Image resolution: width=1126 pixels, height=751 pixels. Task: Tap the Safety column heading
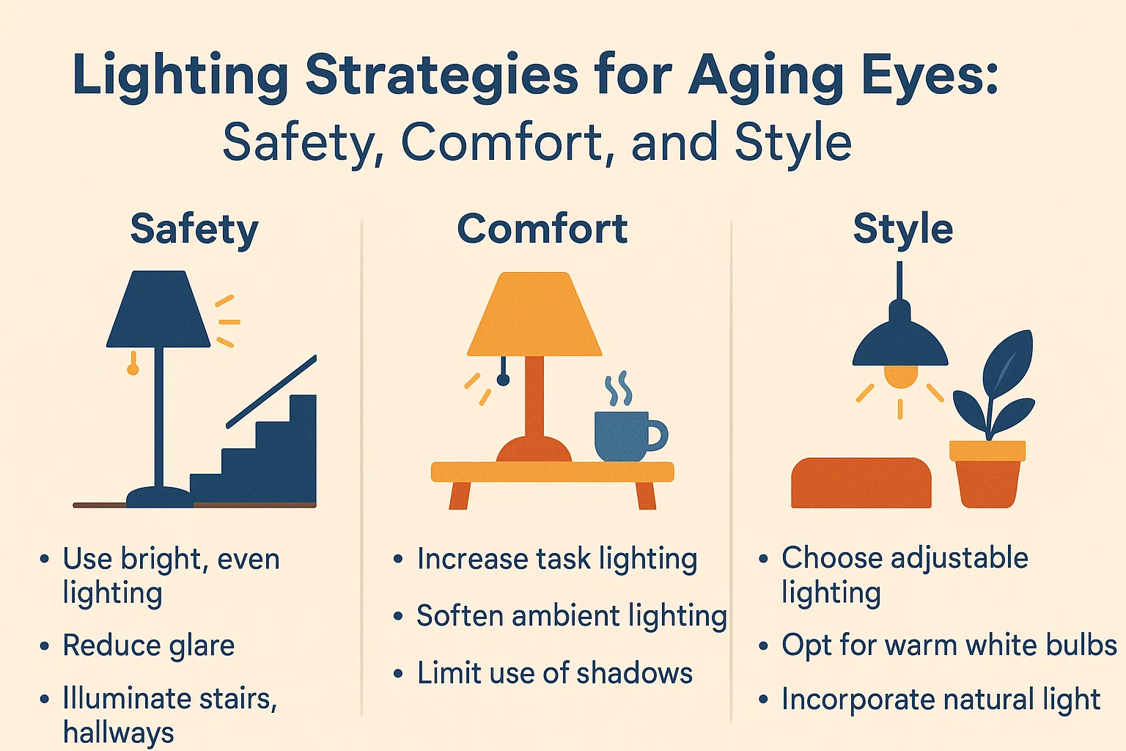point(194,230)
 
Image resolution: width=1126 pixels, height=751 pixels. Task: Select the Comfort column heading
point(542,229)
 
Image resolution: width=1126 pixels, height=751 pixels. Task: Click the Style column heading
point(902,229)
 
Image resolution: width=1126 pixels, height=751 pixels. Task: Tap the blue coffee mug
point(622,436)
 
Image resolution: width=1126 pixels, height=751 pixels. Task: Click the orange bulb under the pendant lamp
point(900,376)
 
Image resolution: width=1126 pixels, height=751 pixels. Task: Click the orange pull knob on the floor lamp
point(133,369)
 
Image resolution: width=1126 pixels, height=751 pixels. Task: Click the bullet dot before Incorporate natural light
point(764,700)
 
